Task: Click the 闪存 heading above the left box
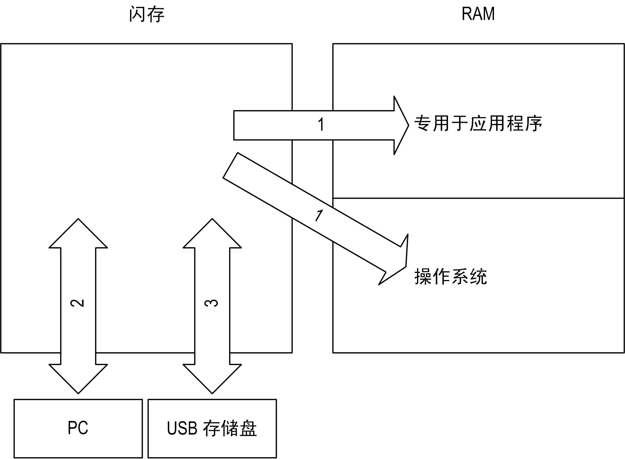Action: (147, 14)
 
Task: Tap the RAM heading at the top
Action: (478, 14)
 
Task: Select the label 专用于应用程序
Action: (478, 124)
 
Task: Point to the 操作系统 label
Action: (451, 276)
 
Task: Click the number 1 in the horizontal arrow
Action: (321, 125)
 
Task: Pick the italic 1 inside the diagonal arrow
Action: (319, 215)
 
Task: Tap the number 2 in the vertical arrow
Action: (78, 303)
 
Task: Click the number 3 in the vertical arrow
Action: (212, 303)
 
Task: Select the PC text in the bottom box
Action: (78, 428)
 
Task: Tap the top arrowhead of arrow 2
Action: (78, 227)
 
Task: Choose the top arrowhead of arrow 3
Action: (212, 227)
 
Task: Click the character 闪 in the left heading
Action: (138, 14)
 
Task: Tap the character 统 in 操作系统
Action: (478, 276)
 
